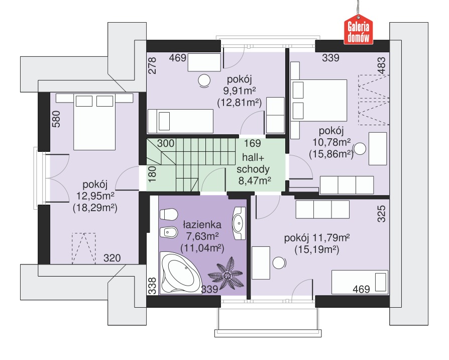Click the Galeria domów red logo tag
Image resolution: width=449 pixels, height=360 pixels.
(358, 30)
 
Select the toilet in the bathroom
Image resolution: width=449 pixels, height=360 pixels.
(168, 215)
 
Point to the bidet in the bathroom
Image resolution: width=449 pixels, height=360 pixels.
(168, 232)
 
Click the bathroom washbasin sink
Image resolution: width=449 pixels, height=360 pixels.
(239, 223)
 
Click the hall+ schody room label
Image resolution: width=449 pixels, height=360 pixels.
(253, 163)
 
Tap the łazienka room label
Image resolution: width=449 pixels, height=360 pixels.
(202, 224)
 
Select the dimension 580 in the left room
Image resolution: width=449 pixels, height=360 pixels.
(56, 119)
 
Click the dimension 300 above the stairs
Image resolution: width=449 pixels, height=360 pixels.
(166, 143)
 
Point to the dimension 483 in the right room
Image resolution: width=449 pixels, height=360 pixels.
(381, 66)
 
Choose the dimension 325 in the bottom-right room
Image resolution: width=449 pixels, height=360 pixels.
(381, 214)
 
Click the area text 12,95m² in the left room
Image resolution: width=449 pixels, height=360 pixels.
(95, 196)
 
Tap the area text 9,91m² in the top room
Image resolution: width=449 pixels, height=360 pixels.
(240, 91)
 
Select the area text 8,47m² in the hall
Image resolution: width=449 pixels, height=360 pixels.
(255, 181)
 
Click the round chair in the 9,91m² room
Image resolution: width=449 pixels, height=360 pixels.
(204, 80)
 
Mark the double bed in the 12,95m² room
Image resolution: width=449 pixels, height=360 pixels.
(94, 122)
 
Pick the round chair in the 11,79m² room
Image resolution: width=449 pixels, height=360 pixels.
(279, 263)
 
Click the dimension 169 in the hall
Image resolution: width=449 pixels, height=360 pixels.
(252, 143)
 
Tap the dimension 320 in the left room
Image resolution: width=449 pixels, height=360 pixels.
(112, 258)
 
